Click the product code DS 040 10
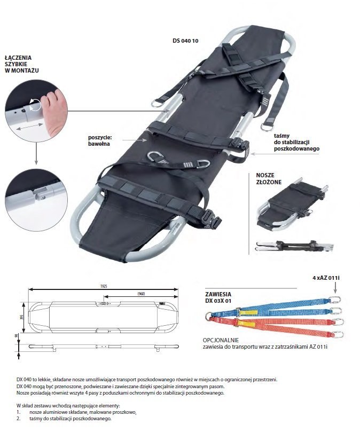coord(185,41)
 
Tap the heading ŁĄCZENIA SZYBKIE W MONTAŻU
coord(21,64)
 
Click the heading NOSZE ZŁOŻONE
coord(269,179)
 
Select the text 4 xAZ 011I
coord(326,278)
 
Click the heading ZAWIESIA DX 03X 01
coord(218,297)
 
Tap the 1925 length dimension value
coord(103,287)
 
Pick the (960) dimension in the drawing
coord(141,294)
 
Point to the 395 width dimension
coord(21,317)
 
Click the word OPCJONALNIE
coord(221,340)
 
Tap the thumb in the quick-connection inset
coord(54,112)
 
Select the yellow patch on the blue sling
coord(249,312)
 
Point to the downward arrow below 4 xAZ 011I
coord(335,288)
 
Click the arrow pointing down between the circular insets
coord(36,153)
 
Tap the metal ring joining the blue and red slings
coord(209,316)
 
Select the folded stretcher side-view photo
coord(295,246)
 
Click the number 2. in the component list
coord(19,419)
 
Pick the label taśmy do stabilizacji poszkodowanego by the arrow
coord(296,142)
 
